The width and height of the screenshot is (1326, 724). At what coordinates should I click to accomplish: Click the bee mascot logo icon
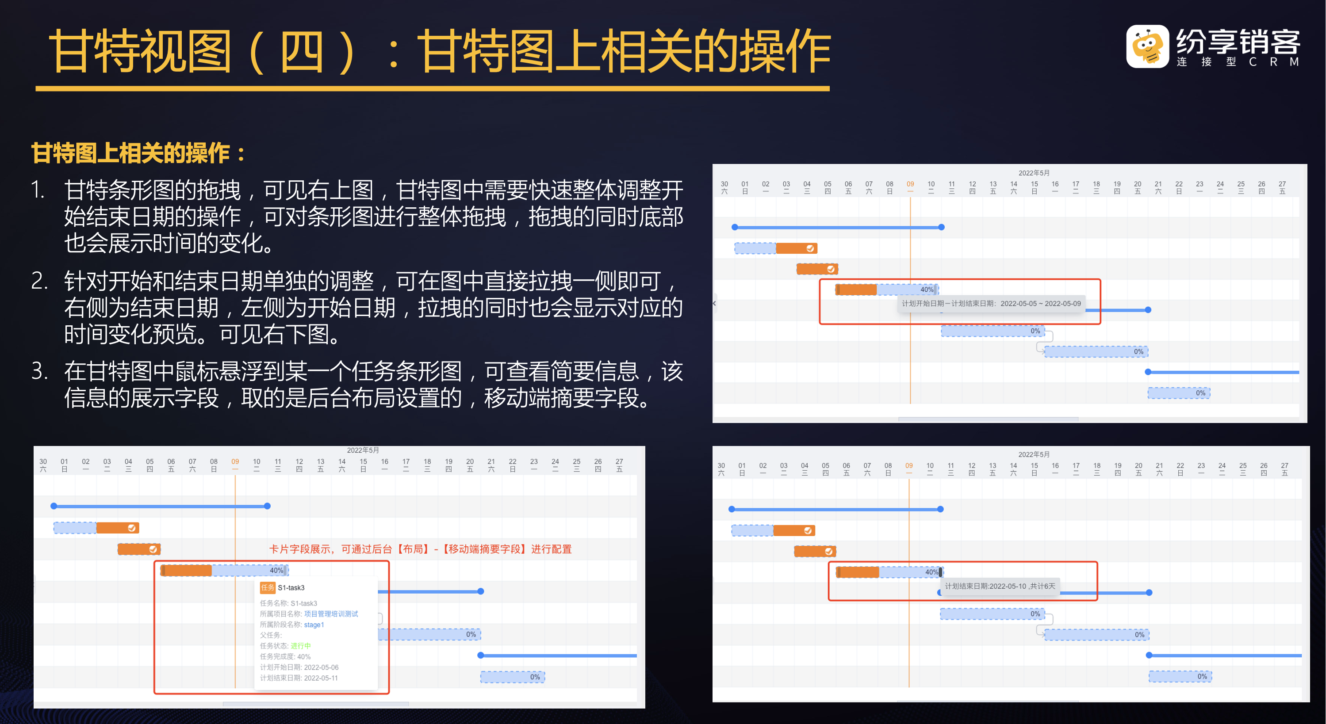[x=1147, y=47]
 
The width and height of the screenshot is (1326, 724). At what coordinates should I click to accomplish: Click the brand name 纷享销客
[x=1238, y=41]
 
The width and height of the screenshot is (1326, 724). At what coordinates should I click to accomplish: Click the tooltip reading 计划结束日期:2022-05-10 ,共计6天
[x=1000, y=586]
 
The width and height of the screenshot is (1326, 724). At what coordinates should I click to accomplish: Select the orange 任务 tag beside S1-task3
[x=267, y=587]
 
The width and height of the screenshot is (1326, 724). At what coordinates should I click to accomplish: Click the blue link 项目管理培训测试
[x=331, y=614]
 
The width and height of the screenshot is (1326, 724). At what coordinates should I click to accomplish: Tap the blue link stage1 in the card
[x=314, y=625]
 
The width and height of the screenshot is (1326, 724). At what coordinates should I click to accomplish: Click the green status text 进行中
[x=301, y=646]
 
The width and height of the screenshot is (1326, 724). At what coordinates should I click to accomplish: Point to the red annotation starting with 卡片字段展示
[x=420, y=549]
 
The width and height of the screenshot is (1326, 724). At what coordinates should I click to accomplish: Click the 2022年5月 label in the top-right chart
[x=1034, y=173]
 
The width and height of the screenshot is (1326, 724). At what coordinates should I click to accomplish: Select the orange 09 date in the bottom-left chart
[x=235, y=461]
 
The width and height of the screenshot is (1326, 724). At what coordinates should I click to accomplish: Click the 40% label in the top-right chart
[x=927, y=290]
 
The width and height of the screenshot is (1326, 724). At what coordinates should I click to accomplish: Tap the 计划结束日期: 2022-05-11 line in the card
[x=299, y=678]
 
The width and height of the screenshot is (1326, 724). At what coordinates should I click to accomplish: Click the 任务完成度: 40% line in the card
[x=285, y=656]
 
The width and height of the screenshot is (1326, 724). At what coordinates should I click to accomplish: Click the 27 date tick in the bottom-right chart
[x=1285, y=466]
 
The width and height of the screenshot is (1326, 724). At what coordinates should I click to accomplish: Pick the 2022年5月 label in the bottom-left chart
[x=363, y=450]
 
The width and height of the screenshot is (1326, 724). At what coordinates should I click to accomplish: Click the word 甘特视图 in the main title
[x=140, y=51]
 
